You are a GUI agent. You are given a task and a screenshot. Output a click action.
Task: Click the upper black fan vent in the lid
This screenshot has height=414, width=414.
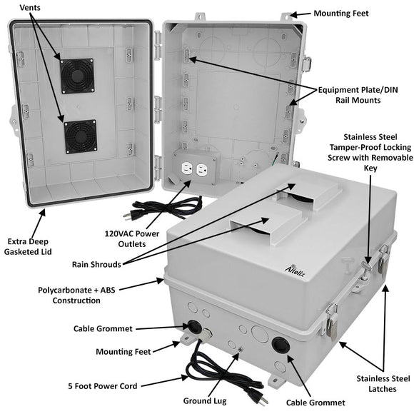78,75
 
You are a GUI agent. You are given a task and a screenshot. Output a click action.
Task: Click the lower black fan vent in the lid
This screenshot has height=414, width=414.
80,136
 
